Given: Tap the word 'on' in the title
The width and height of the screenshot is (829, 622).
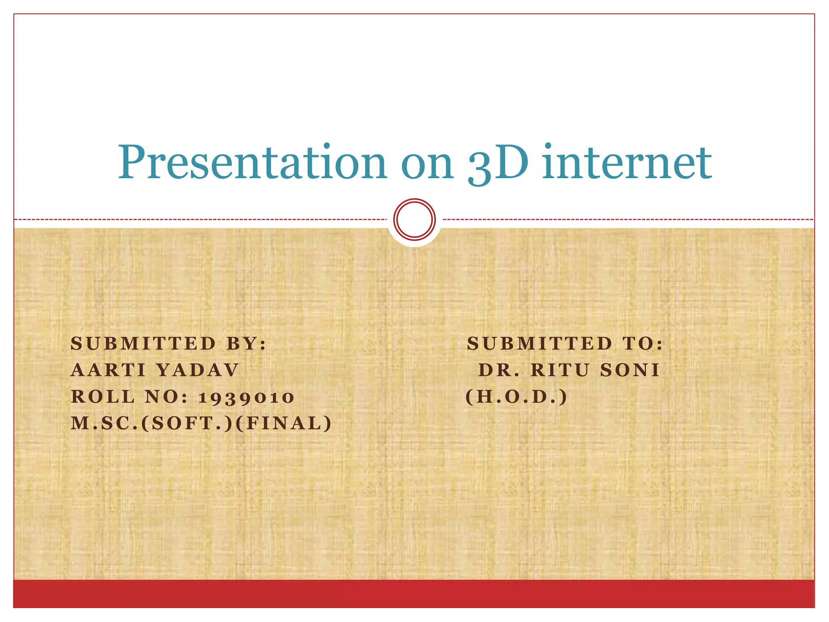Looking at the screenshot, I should click(427, 164).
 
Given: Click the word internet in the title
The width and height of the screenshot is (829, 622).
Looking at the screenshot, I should click(627, 163).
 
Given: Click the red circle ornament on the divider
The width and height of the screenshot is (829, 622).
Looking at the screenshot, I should click(414, 219).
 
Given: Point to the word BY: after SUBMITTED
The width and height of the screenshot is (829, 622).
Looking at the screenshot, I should click(247, 344).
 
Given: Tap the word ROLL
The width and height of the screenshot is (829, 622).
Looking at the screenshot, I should click(103, 396).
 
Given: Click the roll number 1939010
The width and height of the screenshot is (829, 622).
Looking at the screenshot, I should click(246, 397).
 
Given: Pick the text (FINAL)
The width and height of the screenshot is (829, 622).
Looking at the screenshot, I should click(283, 423).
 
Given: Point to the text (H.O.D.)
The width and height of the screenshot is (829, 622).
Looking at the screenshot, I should click(517, 396).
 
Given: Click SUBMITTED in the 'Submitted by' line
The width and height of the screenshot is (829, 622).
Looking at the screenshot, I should click(143, 344).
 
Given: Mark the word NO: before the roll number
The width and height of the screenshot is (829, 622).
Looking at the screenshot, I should click(167, 396).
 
